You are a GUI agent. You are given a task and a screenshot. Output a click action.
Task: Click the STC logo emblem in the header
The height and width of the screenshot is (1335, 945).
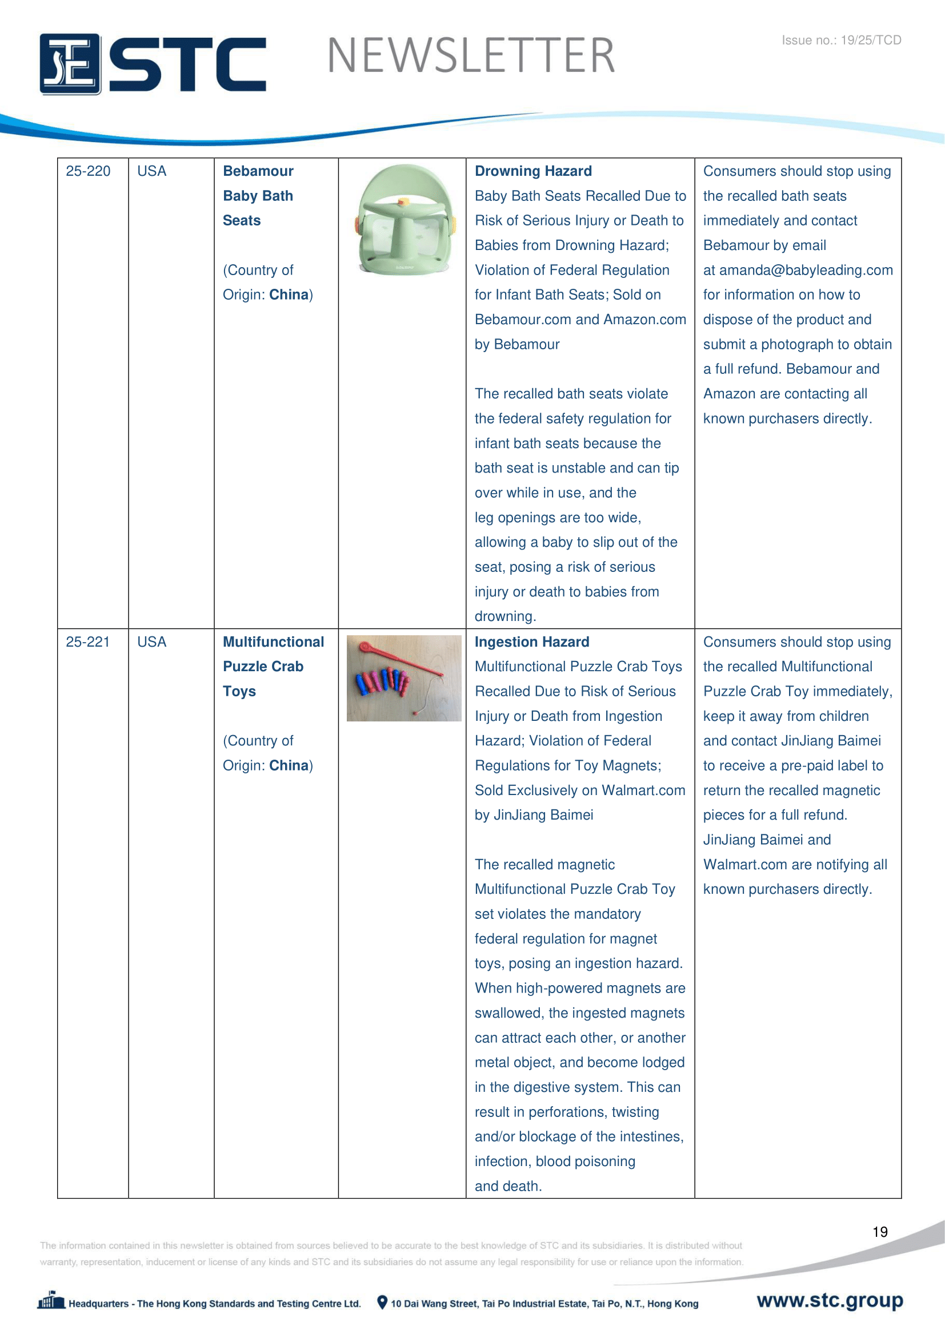(x=70, y=64)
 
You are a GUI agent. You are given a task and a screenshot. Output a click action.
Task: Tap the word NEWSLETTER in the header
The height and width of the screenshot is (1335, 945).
(x=471, y=56)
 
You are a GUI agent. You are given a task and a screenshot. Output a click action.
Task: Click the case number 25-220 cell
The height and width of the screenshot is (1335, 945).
(x=88, y=172)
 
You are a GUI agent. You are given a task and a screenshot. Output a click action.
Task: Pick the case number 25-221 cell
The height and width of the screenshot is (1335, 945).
(x=88, y=642)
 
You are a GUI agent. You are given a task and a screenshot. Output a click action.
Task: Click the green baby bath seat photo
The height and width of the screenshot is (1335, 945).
(x=404, y=220)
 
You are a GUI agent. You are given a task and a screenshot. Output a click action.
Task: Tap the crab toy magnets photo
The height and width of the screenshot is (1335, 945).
(x=404, y=678)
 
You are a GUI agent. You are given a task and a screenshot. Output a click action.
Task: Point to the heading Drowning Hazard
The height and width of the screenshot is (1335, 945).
(x=533, y=172)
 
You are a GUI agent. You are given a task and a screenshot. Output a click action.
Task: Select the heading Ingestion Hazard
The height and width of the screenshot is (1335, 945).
(x=532, y=642)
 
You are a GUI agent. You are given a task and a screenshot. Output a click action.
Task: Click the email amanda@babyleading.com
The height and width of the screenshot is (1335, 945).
(x=806, y=271)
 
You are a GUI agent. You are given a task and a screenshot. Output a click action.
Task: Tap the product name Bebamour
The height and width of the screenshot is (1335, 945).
(x=258, y=172)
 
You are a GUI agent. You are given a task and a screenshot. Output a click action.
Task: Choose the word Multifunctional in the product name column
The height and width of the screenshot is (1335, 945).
(x=274, y=642)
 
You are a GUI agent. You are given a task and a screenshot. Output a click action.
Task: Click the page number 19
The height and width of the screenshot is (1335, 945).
(x=880, y=1232)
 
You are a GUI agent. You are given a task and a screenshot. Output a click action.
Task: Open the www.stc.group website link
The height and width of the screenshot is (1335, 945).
(x=830, y=1300)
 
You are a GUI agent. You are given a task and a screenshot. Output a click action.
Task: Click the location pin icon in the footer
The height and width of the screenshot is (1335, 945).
(x=382, y=1302)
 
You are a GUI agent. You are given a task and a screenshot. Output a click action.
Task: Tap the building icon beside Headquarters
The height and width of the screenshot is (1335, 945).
(x=51, y=1301)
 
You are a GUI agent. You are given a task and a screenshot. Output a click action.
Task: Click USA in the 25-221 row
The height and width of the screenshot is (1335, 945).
(x=152, y=642)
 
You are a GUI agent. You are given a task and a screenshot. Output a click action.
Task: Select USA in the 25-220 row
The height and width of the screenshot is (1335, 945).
(x=152, y=172)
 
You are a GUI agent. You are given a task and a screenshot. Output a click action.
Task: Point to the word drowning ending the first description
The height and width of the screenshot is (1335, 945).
(x=504, y=616)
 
